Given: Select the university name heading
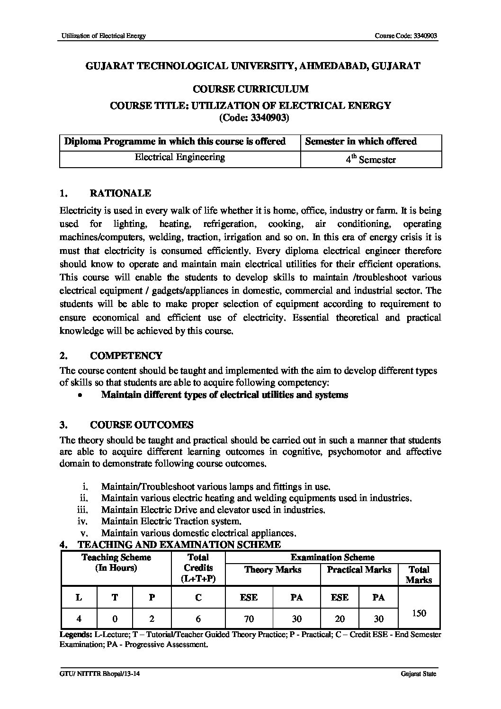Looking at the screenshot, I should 253,66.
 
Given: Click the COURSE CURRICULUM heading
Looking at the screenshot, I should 250,89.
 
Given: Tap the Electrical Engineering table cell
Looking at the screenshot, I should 180,157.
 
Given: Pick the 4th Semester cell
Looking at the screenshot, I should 370,160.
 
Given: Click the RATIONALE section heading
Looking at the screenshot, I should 120,193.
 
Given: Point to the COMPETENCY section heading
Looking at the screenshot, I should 126,356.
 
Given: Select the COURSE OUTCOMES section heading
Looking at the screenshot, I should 142,424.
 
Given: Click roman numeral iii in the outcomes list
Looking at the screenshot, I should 83,510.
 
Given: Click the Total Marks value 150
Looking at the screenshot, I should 419,613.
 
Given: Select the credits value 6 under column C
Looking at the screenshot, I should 198,619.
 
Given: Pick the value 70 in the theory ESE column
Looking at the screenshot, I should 249,619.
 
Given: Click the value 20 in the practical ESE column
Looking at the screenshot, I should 340,619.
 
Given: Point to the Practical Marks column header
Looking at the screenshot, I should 359,569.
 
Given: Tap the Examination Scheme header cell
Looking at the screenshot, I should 332,557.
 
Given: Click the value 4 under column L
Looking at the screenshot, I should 79,619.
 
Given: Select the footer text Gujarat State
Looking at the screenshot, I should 418,674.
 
